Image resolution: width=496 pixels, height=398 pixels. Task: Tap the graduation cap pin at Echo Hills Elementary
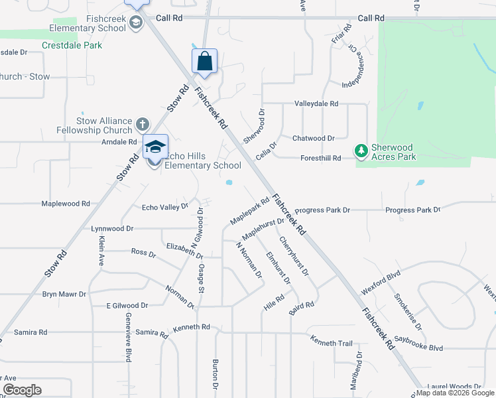(x=155, y=147)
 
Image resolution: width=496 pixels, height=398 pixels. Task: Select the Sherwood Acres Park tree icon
(x=361, y=152)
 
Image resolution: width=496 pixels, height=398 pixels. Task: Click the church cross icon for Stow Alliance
(x=141, y=124)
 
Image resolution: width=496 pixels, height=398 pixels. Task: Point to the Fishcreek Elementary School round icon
(x=136, y=24)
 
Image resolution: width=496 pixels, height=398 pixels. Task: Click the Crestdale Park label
(x=72, y=46)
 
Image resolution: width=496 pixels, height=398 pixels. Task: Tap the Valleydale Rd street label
(x=316, y=104)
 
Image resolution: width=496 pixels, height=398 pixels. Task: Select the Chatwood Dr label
(x=314, y=139)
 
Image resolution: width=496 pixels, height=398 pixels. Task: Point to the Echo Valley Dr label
(x=165, y=208)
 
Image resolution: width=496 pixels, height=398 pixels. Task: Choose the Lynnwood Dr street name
(x=112, y=228)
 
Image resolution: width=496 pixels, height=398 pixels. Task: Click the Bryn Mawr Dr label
(x=64, y=294)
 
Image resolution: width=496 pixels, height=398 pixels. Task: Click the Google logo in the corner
(x=22, y=390)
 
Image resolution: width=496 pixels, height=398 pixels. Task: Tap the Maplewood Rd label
(x=66, y=204)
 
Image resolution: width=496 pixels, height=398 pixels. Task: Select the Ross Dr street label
(x=143, y=253)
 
